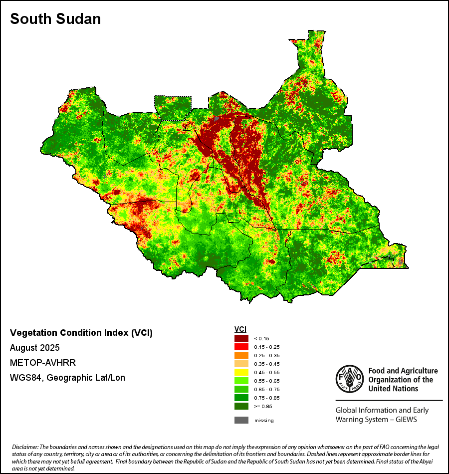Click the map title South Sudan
[x=55, y=19]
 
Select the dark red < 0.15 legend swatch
[x=241, y=338]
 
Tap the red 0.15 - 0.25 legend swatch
[x=241, y=347]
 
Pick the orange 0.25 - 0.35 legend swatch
[x=241, y=355]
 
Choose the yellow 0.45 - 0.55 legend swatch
[x=241, y=372]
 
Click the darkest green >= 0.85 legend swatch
[x=241, y=406]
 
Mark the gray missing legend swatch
[x=241, y=420]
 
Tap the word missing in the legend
[x=264, y=421]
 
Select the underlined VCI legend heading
[x=240, y=329]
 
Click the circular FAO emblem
[x=349, y=379]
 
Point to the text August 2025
[x=35, y=347]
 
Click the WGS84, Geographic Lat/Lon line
[x=67, y=378]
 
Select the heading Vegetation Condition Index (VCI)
[x=81, y=333]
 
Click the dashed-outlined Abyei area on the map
[x=173, y=107]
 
